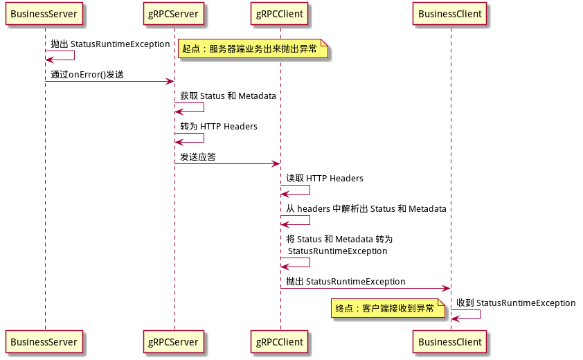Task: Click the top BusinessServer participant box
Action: tap(44, 14)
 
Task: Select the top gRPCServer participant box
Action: tap(174, 14)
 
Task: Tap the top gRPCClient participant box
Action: tap(280, 14)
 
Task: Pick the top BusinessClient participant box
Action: tap(450, 14)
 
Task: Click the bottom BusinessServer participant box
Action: tap(44, 342)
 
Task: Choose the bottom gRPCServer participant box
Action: tap(174, 342)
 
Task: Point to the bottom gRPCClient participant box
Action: tap(280, 342)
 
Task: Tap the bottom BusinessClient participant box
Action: tap(450, 342)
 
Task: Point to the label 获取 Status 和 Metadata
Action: tap(228, 96)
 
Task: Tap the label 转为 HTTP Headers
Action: tap(219, 127)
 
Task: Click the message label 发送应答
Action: tap(198, 157)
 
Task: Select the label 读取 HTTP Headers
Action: tap(325, 178)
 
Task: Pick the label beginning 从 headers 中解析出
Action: tap(366, 208)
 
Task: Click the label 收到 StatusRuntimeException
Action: tap(516, 303)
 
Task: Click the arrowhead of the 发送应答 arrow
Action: tap(276, 163)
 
